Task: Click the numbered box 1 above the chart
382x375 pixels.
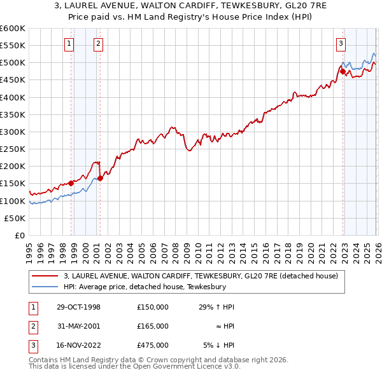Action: pyautogui.click(x=69, y=44)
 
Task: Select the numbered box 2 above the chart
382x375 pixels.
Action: pyautogui.click(x=98, y=44)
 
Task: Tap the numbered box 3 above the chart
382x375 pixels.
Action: pyautogui.click(x=341, y=44)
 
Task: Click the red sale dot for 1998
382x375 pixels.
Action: pyautogui.click(x=71, y=183)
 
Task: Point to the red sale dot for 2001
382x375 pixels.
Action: pyautogui.click(x=100, y=178)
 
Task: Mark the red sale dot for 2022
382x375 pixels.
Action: pyautogui.click(x=343, y=71)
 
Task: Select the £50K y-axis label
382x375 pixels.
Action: pyautogui.click(x=15, y=218)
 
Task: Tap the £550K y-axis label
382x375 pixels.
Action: pyautogui.click(x=13, y=46)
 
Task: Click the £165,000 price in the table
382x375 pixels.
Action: pyautogui.click(x=152, y=326)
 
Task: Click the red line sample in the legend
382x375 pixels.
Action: pyautogui.click(x=46, y=276)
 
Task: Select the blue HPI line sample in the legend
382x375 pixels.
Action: pyautogui.click(x=46, y=287)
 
